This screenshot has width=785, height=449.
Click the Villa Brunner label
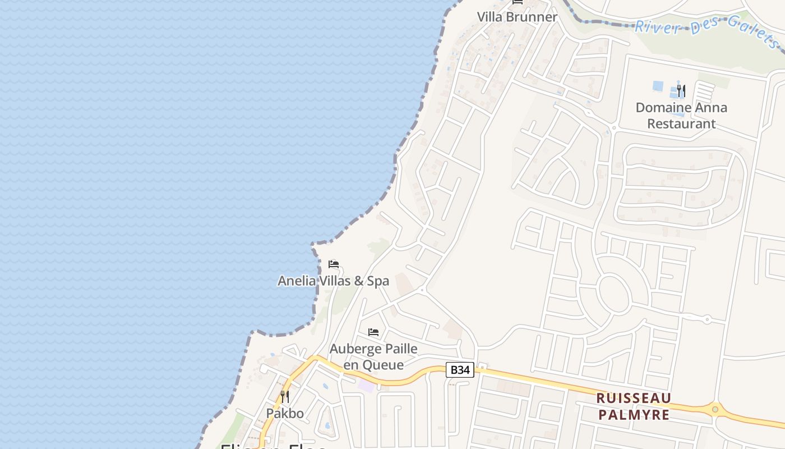pos(517,17)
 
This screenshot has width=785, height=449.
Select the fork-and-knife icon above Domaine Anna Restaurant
pos(681,90)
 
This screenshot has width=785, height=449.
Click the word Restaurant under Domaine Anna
pos(681,123)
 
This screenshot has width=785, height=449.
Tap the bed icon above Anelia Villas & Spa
pos(334,264)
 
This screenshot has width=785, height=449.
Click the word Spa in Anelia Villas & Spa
pos(377,281)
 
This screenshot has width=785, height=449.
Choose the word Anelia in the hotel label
pos(297,281)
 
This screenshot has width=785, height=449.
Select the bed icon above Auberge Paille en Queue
pos(373,332)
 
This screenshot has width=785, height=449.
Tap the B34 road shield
pos(460,370)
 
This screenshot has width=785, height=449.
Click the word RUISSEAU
pos(634,398)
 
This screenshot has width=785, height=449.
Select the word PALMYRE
pos(634,415)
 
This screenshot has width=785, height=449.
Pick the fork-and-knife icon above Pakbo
pos(285,397)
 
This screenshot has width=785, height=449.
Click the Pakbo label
pos(285,414)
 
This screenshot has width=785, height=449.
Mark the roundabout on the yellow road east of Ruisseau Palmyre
pos(715,409)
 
